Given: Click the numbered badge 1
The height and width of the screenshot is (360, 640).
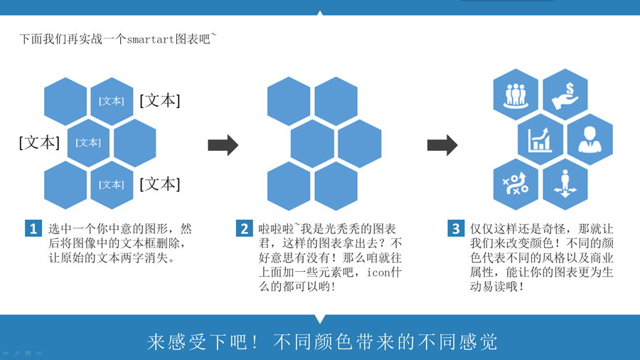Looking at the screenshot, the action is pos(33,228).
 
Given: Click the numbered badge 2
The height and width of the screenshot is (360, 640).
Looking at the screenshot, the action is pos(244,228).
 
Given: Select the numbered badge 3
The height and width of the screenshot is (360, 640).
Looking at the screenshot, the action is pos(456,228).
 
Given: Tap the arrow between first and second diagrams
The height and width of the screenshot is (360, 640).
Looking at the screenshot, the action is pos(223,145).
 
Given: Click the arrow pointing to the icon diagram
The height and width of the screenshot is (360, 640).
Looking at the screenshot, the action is pos(442,145).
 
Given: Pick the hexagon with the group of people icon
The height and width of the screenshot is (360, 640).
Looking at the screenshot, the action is pos(516,95).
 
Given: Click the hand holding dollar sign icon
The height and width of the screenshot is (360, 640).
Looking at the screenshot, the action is pos(565,95).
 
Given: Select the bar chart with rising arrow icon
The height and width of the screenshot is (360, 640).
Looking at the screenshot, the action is pos(540,139).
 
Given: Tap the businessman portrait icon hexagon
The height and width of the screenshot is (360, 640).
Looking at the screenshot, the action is pos(590,139).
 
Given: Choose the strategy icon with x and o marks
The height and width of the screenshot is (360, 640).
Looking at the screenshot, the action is pos(516,184).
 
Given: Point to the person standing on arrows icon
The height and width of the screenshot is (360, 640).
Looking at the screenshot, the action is pos(565,184).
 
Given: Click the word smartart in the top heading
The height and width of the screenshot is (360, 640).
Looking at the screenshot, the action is pos(151,39).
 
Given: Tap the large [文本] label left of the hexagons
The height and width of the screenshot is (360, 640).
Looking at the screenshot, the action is pos(39,142).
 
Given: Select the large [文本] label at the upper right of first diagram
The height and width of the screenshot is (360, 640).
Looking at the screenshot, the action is pos(159,100).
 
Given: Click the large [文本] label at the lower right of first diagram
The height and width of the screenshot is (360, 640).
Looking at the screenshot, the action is pos(159,184).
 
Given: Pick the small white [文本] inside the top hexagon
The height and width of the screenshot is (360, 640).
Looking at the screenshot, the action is pos(112,101).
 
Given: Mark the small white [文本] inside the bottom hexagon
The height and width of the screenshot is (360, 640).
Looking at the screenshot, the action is pos(112,184).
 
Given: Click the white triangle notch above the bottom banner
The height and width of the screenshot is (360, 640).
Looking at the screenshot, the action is pos(320,319).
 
